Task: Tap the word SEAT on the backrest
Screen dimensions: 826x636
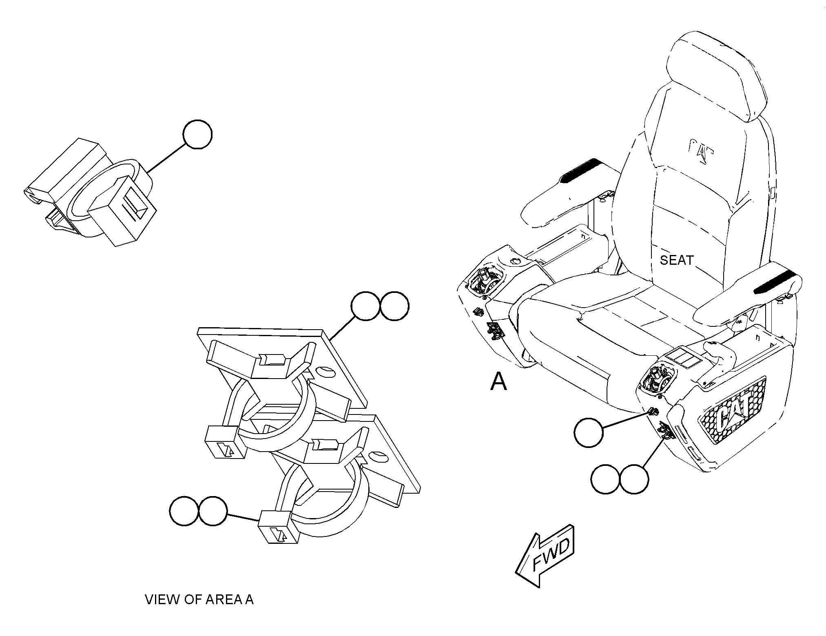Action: pyautogui.click(x=677, y=260)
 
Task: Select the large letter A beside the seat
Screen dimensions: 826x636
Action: pyautogui.click(x=498, y=381)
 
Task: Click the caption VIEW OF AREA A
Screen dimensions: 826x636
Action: pyautogui.click(x=199, y=599)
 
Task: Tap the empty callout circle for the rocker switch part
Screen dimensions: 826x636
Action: pyautogui.click(x=198, y=134)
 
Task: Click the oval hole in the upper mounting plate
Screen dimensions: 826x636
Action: pyautogui.click(x=325, y=372)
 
